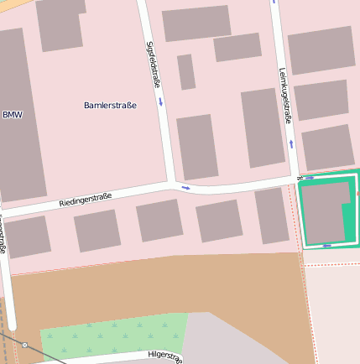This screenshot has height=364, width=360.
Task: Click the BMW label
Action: click(12, 114)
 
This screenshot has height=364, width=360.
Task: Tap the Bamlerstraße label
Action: click(110, 105)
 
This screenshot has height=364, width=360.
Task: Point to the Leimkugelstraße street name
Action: click(284, 96)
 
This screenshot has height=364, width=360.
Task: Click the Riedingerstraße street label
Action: click(86, 200)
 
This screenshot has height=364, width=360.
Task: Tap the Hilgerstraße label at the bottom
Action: click(164, 357)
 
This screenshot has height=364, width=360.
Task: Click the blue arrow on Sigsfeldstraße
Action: click(160, 102)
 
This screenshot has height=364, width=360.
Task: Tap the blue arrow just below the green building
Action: click(326, 246)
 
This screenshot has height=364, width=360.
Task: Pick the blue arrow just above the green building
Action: click(310, 178)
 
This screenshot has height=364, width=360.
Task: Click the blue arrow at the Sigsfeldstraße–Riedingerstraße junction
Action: click(185, 188)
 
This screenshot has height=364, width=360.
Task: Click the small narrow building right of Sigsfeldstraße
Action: click(186, 72)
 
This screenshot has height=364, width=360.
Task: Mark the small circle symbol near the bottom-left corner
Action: click(24, 345)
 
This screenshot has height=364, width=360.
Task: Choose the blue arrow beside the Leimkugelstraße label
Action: click(292, 143)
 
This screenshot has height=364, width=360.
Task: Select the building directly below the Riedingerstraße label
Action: click(97, 231)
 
